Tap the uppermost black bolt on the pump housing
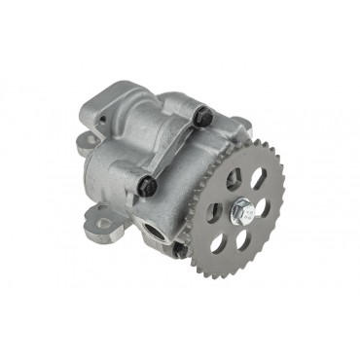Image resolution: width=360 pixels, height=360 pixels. tap(204, 117)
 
